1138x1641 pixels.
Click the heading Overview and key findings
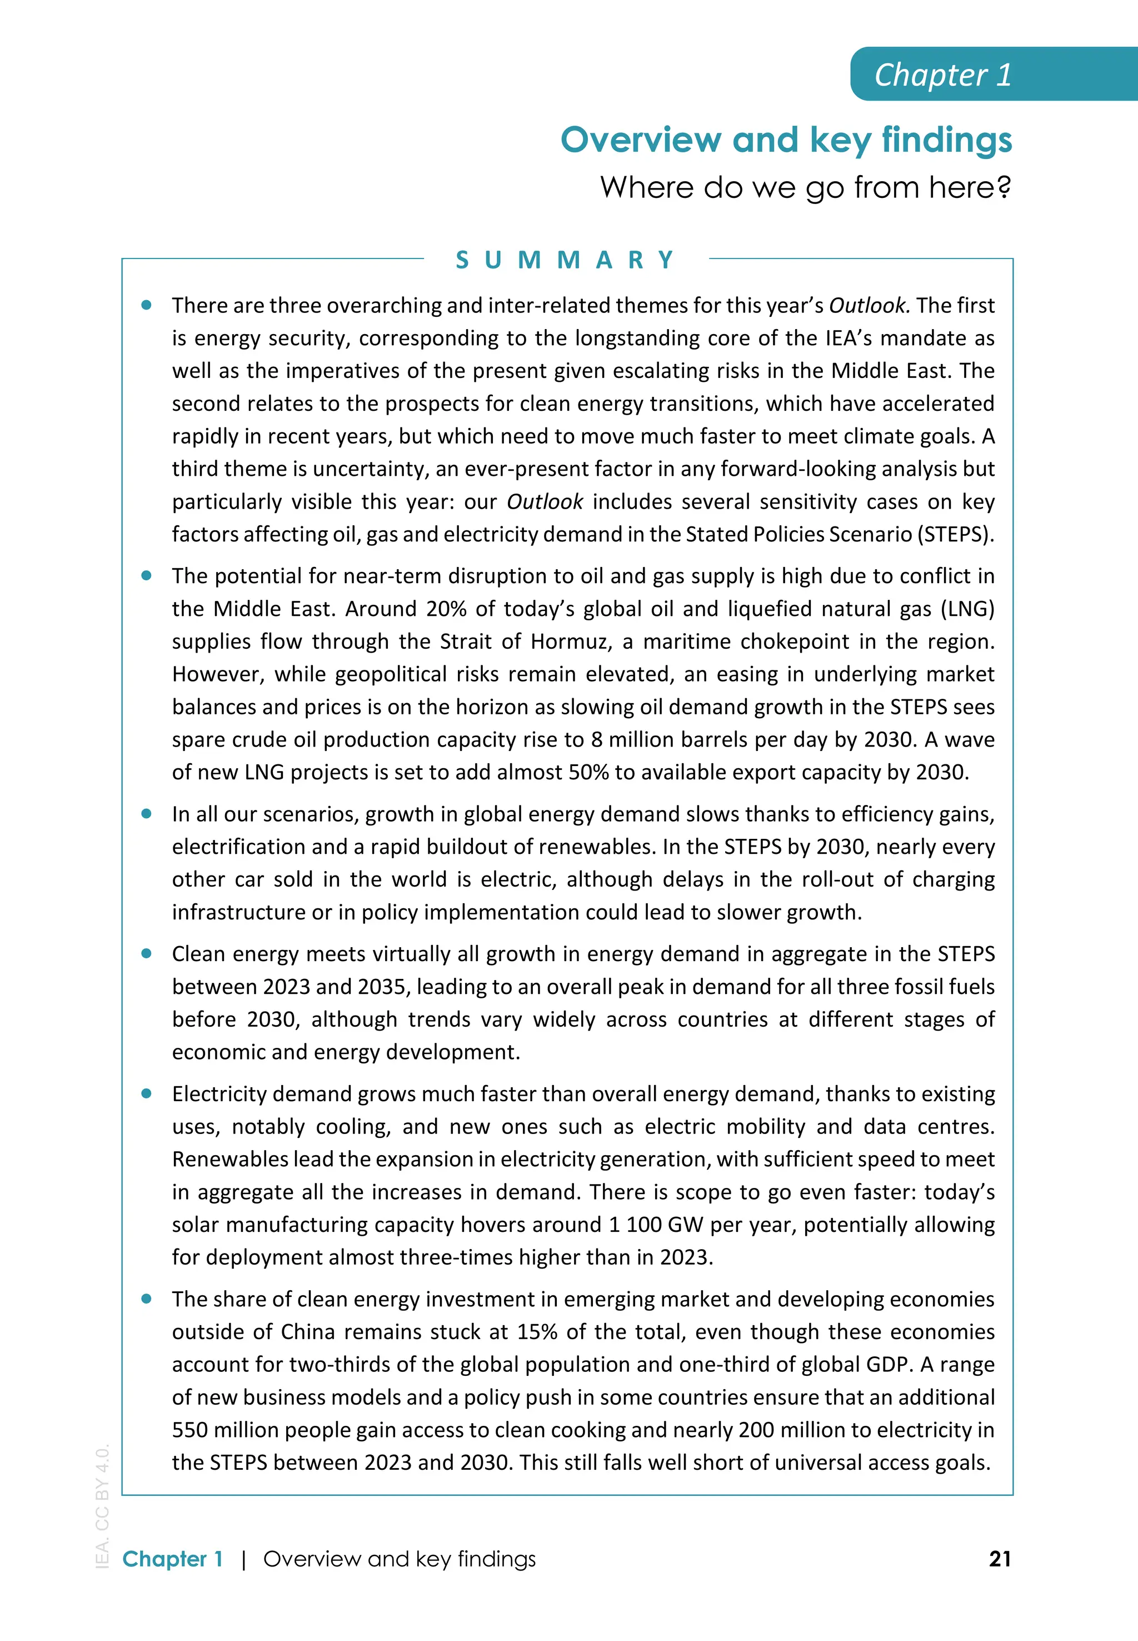[786, 140]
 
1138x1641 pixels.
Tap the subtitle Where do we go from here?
[805, 187]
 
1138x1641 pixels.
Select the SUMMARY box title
[566, 260]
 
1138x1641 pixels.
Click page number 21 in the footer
[1000, 1559]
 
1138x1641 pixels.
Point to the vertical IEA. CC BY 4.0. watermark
[102, 1505]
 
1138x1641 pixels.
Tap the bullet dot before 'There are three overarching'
[147, 305]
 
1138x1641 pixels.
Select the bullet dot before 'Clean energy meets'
[147, 953]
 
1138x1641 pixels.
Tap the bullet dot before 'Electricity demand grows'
[147, 1093]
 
